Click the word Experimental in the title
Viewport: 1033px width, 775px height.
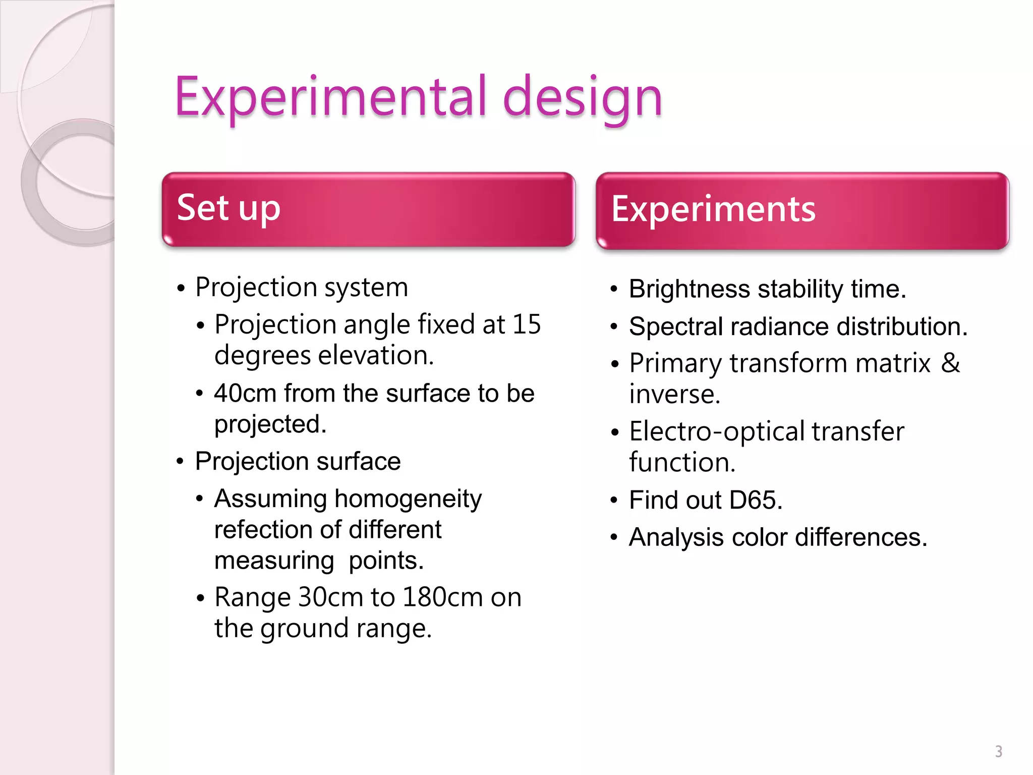pos(330,97)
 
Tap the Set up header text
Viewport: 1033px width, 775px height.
pos(228,208)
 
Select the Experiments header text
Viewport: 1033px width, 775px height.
pos(713,209)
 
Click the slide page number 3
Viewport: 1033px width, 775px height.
pos(998,751)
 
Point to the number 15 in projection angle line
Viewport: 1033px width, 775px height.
pos(527,324)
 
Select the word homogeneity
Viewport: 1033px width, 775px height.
pos(408,499)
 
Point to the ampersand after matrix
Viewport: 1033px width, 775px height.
pos(950,363)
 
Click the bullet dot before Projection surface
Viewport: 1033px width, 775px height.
pos(181,462)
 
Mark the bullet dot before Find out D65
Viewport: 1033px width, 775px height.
pos(614,501)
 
